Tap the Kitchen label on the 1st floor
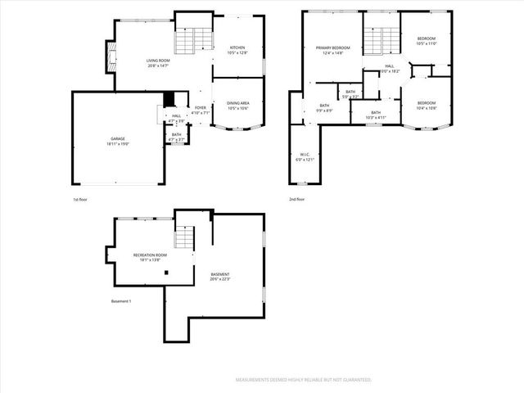pyautogui.click(x=237, y=50)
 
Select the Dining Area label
pyautogui.click(x=237, y=105)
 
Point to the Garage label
pyautogui.click(x=118, y=141)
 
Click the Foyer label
pyautogui.click(x=200, y=110)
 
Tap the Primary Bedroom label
pyautogui.click(x=332, y=50)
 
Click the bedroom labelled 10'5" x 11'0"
pyautogui.click(x=426, y=41)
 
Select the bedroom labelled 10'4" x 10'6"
pyautogui.click(x=426, y=105)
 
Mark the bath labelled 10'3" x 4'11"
pyautogui.click(x=376, y=115)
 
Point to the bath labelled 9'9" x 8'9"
pyautogui.click(x=324, y=107)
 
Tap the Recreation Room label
pyautogui.click(x=150, y=257)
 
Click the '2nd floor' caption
pyautogui.click(x=296, y=199)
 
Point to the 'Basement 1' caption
pyautogui.click(x=121, y=302)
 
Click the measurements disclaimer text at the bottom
pyautogui.click(x=303, y=380)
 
